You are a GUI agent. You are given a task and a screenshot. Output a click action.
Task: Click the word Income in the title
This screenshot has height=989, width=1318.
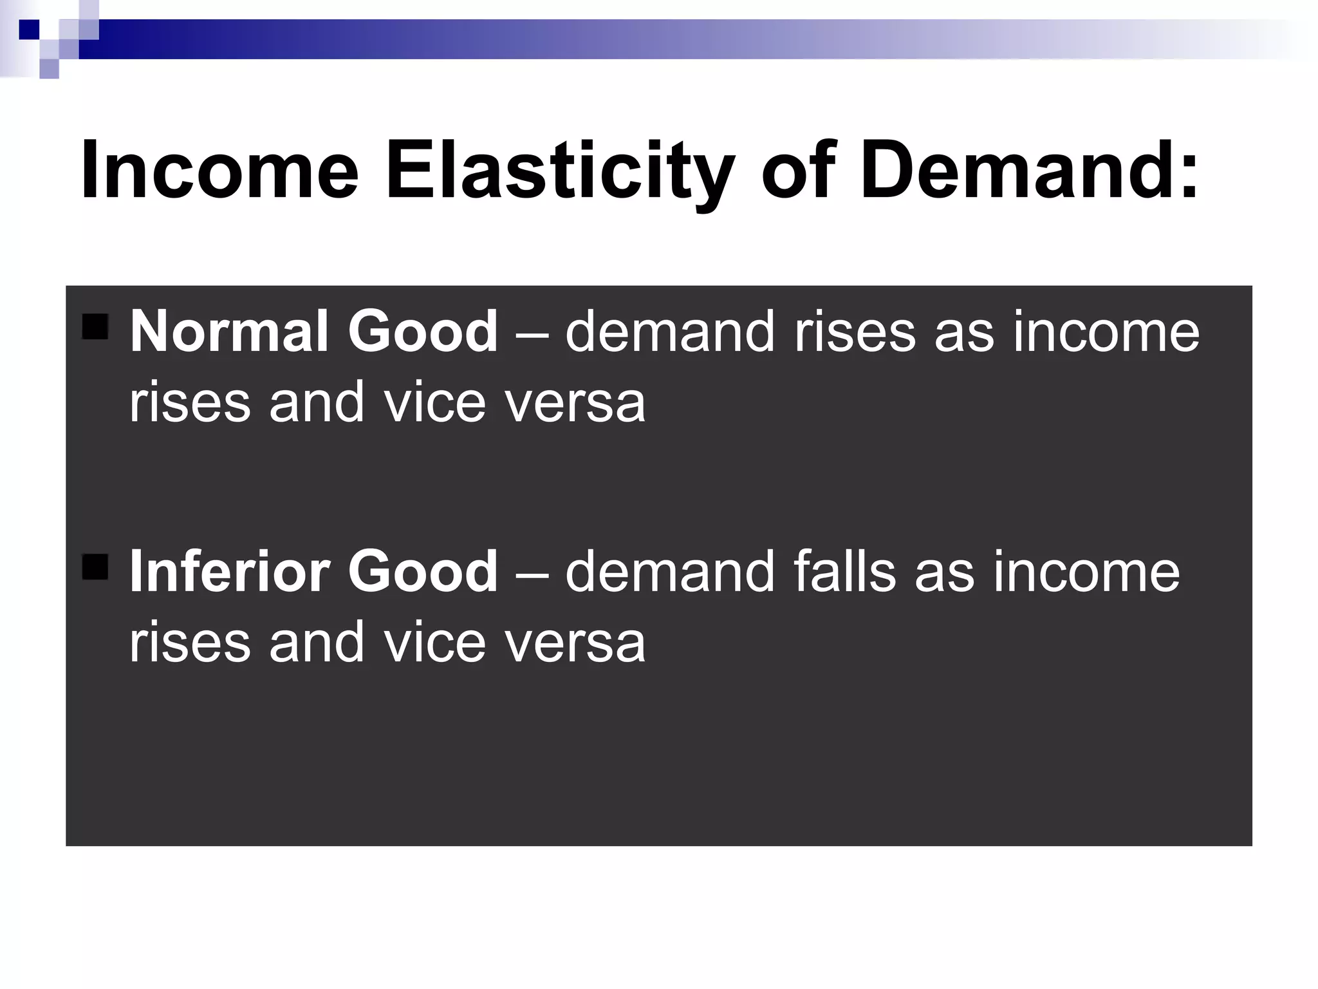(219, 171)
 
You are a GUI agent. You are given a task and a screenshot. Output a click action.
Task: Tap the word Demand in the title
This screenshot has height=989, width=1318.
(1017, 171)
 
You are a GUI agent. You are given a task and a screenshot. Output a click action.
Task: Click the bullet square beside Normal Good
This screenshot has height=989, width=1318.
(95, 327)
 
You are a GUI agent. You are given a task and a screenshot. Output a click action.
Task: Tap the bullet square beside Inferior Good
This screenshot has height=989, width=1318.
(95, 567)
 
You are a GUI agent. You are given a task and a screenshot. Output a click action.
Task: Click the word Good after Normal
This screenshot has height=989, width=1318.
(423, 332)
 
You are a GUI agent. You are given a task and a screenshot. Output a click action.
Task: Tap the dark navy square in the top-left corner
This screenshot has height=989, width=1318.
(29, 30)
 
